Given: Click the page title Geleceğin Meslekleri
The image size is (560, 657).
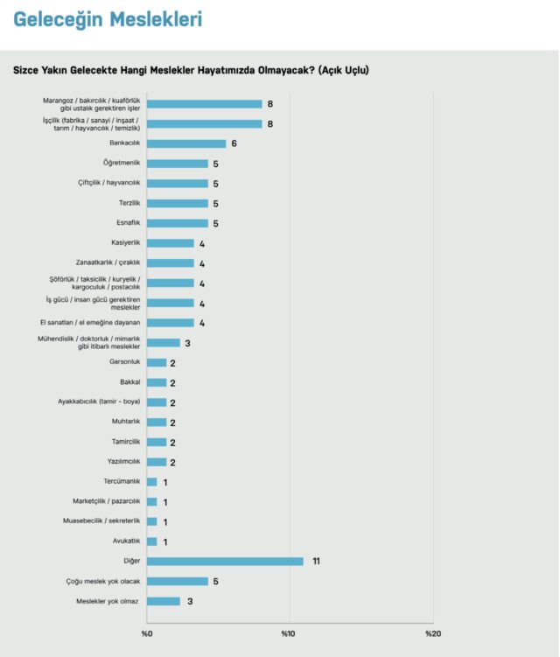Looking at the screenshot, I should click(108, 19).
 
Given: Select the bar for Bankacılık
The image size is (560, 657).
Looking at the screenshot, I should click(186, 143).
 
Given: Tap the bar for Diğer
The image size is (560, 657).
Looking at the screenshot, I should click(225, 561).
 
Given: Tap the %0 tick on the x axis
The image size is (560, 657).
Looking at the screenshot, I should click(146, 633).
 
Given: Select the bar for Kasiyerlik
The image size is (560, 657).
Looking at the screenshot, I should click(171, 243).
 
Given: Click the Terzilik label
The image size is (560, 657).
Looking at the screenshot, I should click(129, 203).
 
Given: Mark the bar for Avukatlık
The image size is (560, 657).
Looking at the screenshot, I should click(152, 542).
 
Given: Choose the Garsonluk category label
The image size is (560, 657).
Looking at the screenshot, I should click(125, 362).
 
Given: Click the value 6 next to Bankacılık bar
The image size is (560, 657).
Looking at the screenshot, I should click(234, 143).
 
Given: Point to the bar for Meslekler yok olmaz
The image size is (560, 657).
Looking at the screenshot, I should click(164, 601).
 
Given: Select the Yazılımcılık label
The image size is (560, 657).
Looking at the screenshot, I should click(123, 462).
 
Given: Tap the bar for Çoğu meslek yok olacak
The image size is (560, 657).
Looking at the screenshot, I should click(178, 581).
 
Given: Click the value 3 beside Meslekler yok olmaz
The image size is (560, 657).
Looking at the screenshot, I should click(188, 601).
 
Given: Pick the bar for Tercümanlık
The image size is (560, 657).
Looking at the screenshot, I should click(152, 482).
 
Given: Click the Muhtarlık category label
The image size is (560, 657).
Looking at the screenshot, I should click(127, 423).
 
